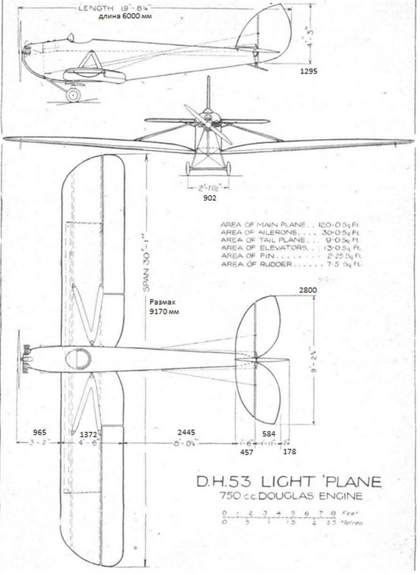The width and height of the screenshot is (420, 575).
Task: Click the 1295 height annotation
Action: (x=309, y=72)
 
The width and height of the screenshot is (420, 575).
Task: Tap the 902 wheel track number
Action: (x=210, y=199)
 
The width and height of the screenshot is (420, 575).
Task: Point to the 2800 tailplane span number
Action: (x=307, y=291)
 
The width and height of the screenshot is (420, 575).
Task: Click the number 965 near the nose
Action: (x=40, y=432)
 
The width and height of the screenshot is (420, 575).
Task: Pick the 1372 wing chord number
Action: (x=88, y=433)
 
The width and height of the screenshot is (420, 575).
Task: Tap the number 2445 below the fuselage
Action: (x=186, y=432)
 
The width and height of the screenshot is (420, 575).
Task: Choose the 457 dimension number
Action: (x=247, y=452)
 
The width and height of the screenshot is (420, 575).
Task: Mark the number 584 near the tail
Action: (x=268, y=433)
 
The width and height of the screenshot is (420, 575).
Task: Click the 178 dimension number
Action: (x=290, y=452)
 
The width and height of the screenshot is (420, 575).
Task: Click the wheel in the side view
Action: (x=73, y=95)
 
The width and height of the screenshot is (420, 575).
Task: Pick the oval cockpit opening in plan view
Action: (x=78, y=358)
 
